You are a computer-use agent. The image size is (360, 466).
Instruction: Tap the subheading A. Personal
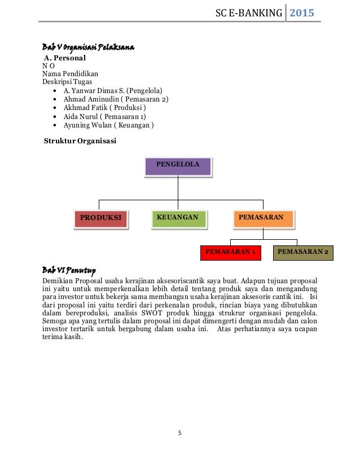[x=65, y=58]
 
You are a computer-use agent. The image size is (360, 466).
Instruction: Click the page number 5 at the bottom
[x=179, y=434]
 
